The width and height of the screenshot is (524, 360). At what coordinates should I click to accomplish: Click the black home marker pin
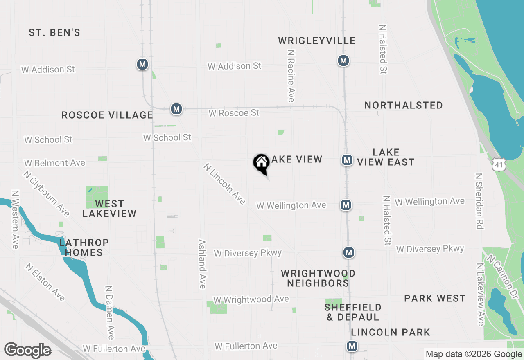[x=261, y=163]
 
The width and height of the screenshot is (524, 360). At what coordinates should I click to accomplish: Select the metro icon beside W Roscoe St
[x=176, y=109]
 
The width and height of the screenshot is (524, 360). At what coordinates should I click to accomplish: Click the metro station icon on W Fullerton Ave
[x=352, y=346]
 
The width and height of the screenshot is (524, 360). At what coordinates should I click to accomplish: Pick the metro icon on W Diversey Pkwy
[x=348, y=252]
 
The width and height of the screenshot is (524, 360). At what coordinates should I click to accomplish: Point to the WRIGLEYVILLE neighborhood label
[x=316, y=40]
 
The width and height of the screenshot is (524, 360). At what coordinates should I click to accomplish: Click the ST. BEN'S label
[x=54, y=32]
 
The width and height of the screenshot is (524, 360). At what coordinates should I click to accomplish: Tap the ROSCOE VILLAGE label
[x=107, y=115]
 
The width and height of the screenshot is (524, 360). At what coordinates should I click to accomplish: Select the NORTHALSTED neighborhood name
[x=403, y=105]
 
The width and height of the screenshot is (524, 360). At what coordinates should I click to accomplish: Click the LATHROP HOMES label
[x=84, y=248]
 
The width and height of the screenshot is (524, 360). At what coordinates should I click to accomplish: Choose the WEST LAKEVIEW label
[x=109, y=209]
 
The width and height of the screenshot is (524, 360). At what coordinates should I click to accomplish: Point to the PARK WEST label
[x=435, y=298]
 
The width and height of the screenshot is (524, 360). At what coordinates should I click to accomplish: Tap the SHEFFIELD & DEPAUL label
[x=353, y=312]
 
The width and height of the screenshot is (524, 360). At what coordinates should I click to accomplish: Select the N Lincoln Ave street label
[x=224, y=184]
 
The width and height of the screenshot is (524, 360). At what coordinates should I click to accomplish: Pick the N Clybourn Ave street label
[x=46, y=193]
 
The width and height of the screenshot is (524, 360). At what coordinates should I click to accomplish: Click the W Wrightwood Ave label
[x=251, y=300]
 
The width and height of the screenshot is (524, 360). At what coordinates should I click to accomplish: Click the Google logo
[x=27, y=351]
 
